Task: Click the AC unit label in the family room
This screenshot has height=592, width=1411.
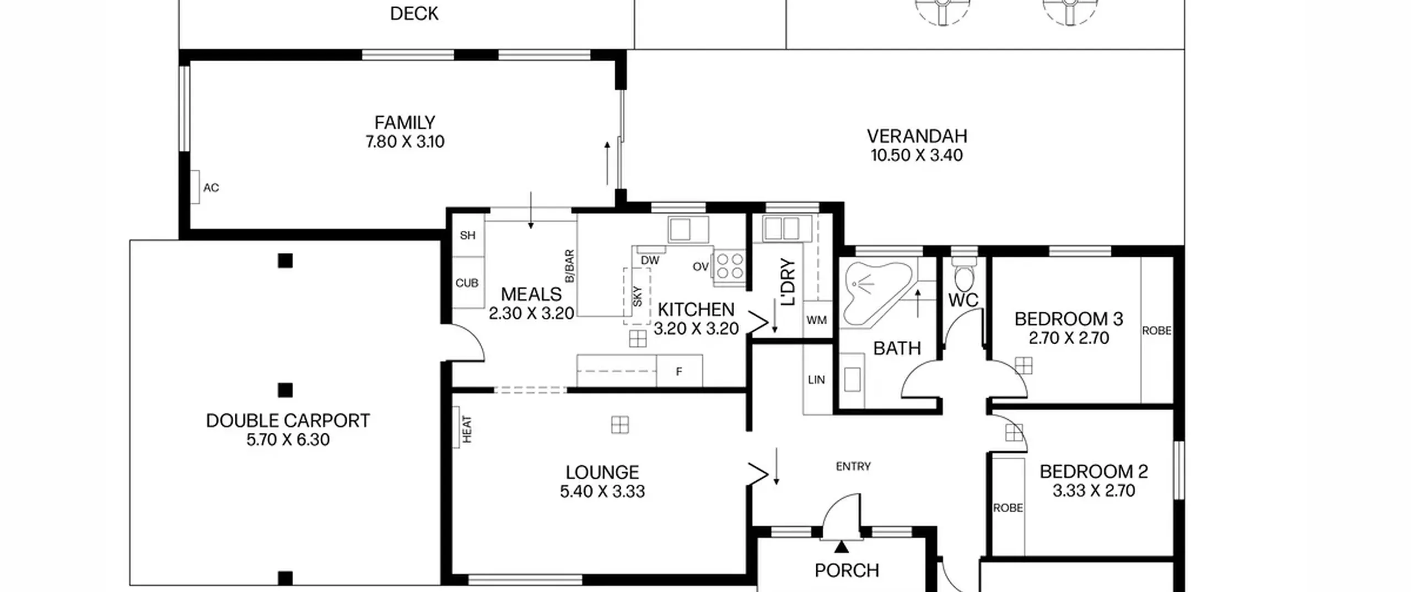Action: [x=211, y=188]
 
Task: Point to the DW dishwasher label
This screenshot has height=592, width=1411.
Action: [x=650, y=260]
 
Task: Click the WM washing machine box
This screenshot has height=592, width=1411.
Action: [x=817, y=319]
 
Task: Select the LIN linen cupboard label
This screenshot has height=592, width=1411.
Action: [x=816, y=379]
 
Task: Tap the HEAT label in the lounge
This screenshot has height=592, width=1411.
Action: [x=467, y=429]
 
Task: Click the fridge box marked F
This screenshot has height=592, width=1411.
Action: [x=679, y=371]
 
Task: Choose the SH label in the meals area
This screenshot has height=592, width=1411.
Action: [x=467, y=235]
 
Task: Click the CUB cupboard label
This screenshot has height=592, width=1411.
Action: [x=467, y=283]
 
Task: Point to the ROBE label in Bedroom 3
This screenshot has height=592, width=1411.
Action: [x=1156, y=330]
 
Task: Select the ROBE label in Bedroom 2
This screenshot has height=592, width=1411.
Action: [x=1008, y=508]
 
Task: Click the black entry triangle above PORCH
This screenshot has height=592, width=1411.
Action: [x=841, y=547]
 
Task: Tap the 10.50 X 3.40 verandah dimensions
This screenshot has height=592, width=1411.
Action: [x=917, y=155]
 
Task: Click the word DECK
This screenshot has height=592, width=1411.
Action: [x=414, y=14]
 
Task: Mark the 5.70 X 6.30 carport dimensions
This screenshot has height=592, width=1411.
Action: [x=288, y=440]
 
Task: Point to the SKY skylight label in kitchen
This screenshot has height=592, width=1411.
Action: [x=638, y=296]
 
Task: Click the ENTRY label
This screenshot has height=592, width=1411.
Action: [x=853, y=466]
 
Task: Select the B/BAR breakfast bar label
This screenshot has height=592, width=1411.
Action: [x=569, y=266]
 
